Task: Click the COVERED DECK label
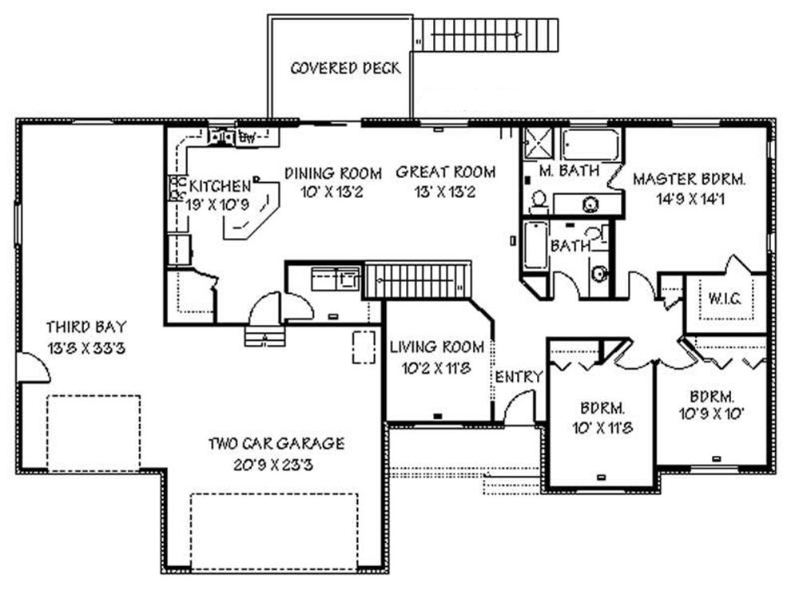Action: (x=345, y=68)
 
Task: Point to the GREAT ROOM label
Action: (x=445, y=172)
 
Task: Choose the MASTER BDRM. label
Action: (x=688, y=180)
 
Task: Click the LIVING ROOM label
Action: (x=436, y=347)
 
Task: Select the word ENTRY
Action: (x=519, y=376)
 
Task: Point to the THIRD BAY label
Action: (x=85, y=327)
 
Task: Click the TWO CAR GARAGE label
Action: (x=276, y=443)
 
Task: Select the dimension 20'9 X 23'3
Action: (x=276, y=464)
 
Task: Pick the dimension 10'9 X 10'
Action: (x=711, y=414)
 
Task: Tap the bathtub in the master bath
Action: (x=590, y=145)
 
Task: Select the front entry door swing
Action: (x=518, y=409)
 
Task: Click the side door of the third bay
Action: (x=34, y=368)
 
